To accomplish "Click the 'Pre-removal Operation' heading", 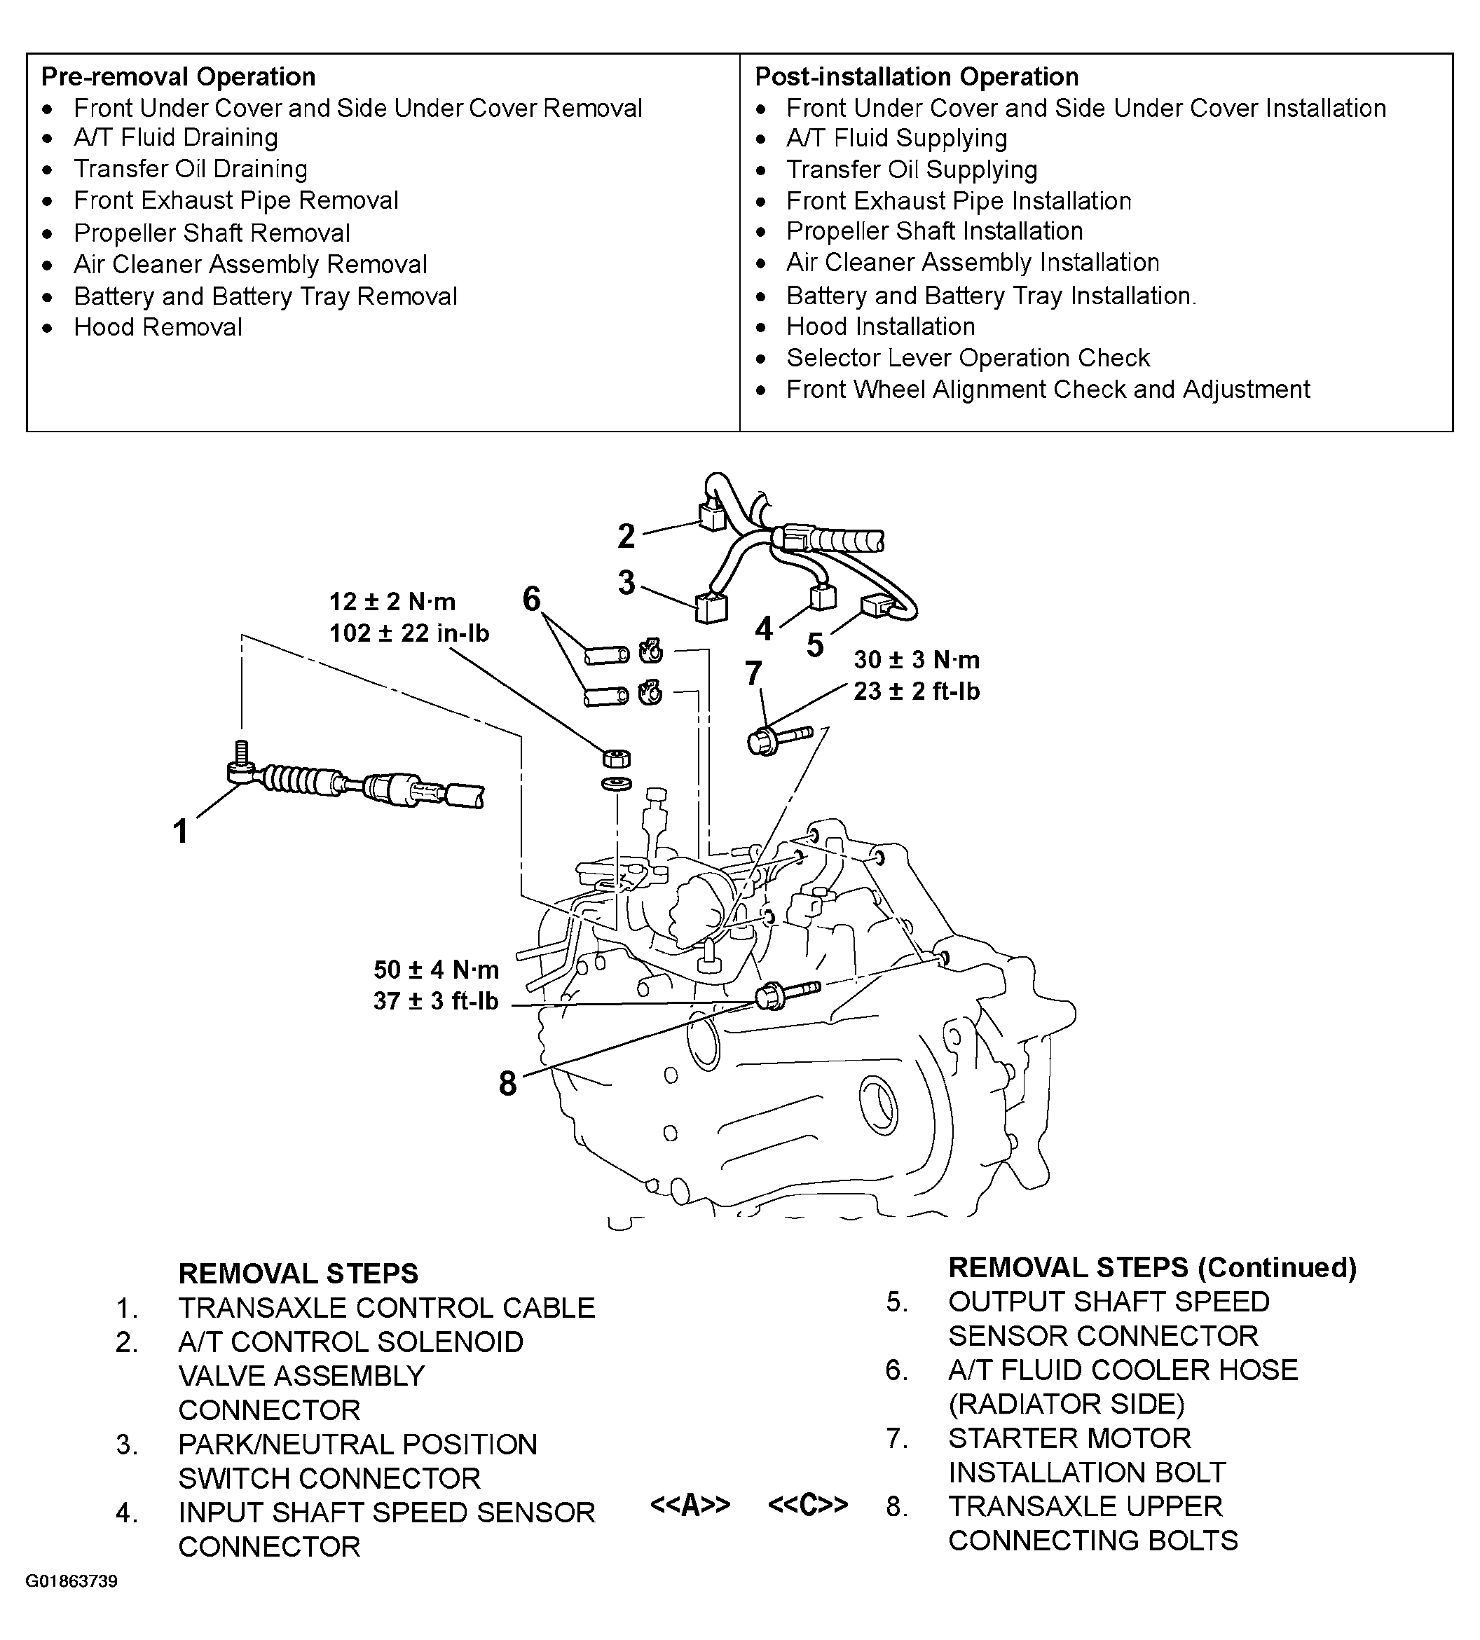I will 178,77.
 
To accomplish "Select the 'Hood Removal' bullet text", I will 158,328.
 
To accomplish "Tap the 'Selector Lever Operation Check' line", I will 968,359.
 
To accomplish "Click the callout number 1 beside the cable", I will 181,832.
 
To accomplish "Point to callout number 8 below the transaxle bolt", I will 507,1083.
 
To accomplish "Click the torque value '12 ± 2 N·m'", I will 392,602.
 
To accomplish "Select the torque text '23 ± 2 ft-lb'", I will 917,692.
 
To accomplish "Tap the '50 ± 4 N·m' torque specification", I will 436,970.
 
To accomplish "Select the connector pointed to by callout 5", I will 876,607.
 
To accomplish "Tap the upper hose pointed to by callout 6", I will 607,654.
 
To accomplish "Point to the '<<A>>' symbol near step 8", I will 690,1505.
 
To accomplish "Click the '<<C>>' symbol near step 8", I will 807,1505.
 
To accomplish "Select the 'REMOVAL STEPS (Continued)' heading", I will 1152,1267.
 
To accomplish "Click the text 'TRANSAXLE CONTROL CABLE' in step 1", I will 386,1308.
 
